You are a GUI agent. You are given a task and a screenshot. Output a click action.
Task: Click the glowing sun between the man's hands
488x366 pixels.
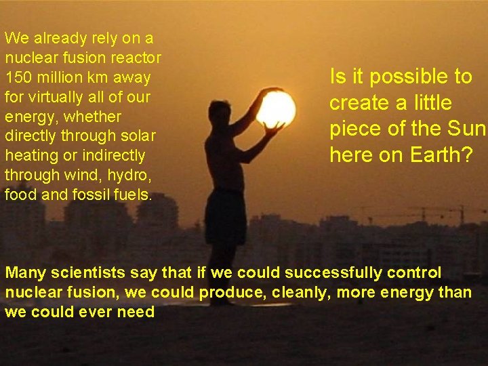click(x=276, y=109)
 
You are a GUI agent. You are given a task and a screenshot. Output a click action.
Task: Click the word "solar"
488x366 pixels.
click(x=139, y=136)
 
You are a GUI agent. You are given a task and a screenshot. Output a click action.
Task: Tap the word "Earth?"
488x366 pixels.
click(x=441, y=155)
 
